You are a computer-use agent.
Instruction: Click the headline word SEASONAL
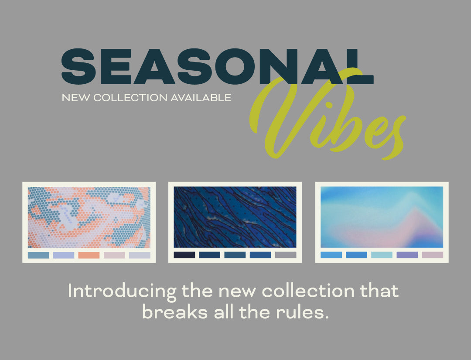[218, 66]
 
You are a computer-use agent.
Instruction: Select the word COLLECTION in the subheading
[130, 98]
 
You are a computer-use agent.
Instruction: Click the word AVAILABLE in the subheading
[201, 98]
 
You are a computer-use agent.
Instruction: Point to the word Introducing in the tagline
[122, 291]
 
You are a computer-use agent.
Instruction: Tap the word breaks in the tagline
[175, 312]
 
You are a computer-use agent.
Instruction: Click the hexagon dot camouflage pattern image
[89, 217]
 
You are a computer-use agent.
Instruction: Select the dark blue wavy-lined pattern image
[235, 217]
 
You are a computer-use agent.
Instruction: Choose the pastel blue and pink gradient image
[382, 217]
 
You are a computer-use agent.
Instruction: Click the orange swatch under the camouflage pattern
[89, 255]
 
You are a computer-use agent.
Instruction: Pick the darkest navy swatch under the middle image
[184, 255]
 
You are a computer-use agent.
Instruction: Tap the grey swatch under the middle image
[286, 255]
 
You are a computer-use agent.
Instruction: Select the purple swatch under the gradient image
[407, 255]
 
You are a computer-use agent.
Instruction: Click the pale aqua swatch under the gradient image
[382, 255]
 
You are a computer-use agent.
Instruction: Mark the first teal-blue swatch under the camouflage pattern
[38, 255]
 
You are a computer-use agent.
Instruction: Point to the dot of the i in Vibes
[329, 105]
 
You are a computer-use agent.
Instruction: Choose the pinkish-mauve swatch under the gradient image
[433, 255]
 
